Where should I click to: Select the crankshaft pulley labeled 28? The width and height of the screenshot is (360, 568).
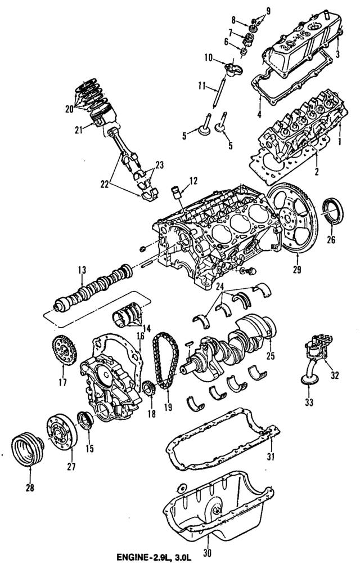27,449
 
